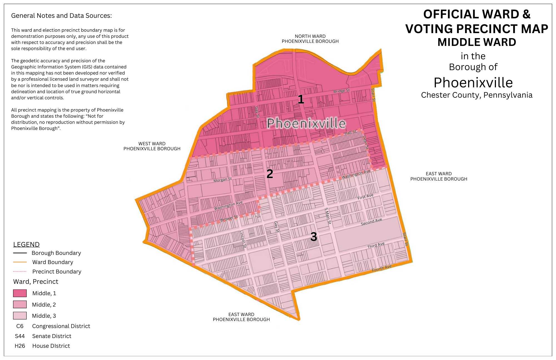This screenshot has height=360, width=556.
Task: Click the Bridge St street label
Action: (341, 91)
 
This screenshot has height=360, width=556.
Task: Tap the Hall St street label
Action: (350, 132)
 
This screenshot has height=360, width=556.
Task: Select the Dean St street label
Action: (366, 143)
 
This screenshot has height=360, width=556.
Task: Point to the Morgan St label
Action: (222, 180)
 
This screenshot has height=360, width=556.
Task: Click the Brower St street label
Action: (229, 218)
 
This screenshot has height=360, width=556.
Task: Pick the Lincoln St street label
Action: (243, 239)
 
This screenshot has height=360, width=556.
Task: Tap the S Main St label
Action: (328, 216)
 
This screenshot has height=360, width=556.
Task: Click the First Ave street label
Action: (365, 197)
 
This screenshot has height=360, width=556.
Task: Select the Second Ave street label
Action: (371, 222)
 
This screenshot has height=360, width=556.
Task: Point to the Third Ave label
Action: (376, 245)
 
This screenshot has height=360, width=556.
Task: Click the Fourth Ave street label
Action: (382, 268)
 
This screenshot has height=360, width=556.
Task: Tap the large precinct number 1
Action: (301, 99)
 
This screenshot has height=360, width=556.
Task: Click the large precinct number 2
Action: (270, 174)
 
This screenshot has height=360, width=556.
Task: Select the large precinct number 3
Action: (314, 237)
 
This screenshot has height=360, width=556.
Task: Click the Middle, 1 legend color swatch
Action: (20, 293)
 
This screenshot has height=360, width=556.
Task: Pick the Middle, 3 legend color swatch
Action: (20, 315)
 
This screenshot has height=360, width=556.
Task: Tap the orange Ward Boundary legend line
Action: (20, 262)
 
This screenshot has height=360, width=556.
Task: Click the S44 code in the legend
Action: (20, 336)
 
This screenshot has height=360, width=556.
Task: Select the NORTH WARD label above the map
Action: (310, 36)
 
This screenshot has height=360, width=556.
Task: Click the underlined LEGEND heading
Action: (26, 244)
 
